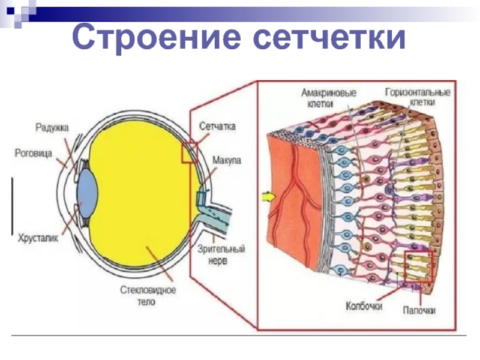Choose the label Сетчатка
[217, 127]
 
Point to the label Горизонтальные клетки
[418, 98]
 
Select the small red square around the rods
[418, 266]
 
